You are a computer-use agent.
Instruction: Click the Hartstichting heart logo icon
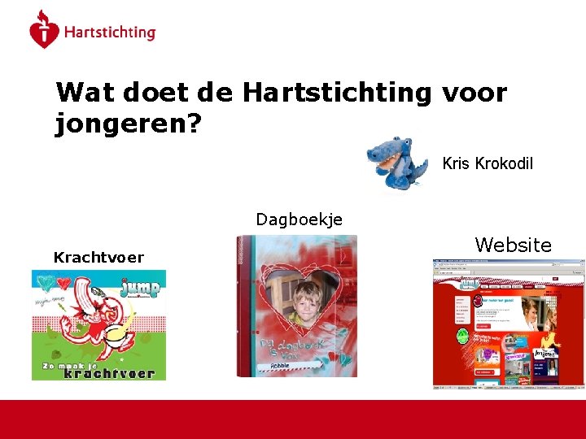tap(44, 31)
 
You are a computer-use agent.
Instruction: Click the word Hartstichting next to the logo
tap(109, 33)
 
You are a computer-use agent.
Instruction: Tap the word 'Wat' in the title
tap(85, 93)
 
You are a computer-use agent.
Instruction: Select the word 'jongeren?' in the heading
tap(129, 124)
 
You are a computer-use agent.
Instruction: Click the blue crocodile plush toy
tap(396, 162)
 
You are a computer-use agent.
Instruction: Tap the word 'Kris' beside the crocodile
tap(456, 163)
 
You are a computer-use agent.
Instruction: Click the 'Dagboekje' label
tap(299, 219)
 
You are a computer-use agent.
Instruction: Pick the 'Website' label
tap(513, 245)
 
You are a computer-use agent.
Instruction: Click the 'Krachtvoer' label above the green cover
tap(98, 258)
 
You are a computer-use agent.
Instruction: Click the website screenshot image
tap(508, 325)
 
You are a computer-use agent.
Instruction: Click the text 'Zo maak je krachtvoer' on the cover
tap(98, 371)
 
